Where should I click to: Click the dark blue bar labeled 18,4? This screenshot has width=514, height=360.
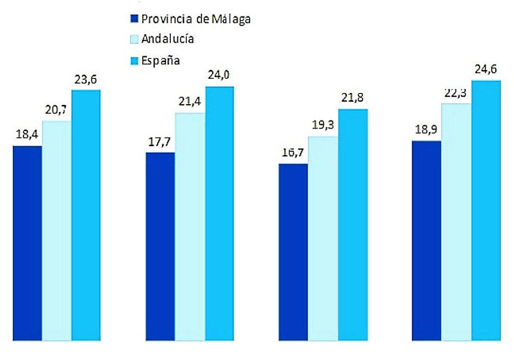tap(27, 243)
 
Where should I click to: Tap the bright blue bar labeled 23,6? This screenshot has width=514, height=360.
tap(86, 215)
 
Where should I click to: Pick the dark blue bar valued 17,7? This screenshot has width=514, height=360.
tap(160, 246)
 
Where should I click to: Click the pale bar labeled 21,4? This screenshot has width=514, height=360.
tap(190, 227)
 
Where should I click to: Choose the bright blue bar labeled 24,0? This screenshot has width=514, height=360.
tap(220, 213)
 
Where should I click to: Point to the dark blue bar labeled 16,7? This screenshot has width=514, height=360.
tap(293, 252)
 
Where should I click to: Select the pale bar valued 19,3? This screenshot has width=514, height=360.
tap(323, 238)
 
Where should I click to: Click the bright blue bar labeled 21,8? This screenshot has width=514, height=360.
tap(353, 225)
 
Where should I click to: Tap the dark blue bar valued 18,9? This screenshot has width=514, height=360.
tap(426, 240)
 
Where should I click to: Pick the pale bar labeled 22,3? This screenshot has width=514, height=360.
tap(457, 222)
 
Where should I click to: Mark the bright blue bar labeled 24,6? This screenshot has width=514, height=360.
tap(486, 210)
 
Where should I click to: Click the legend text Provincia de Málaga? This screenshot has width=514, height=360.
tap(196, 19)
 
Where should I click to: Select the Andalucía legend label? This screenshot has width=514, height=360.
tap(167, 39)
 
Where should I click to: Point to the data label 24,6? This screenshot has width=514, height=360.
tap(485, 69)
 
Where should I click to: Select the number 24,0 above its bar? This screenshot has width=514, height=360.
tap(219, 75)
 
